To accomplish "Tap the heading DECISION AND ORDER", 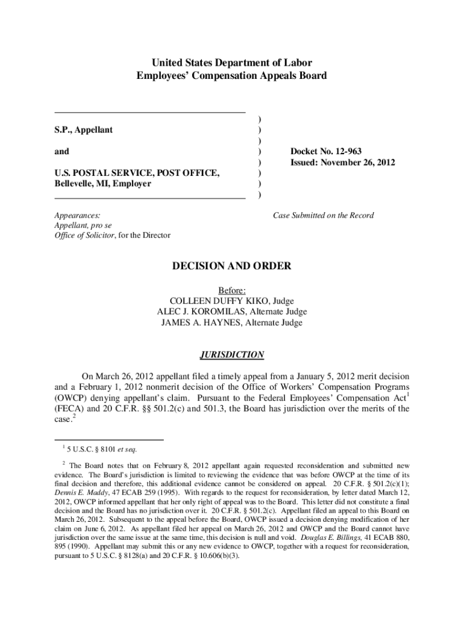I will point(232,266).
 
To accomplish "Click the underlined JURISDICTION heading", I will point(232,354).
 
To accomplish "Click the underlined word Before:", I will point(232,290).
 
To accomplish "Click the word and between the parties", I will point(61,151).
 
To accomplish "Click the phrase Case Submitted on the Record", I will point(323,215).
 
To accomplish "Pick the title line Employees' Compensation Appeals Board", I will point(232,76).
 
